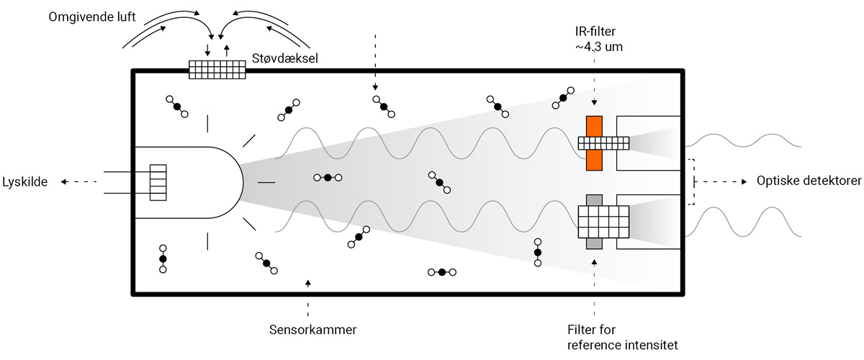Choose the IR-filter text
[x=594, y=32]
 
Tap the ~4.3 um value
[x=594, y=48]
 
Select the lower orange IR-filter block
[x=594, y=161]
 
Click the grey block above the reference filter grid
[x=594, y=199]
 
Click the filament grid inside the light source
[x=158, y=182]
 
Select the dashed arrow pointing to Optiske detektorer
[x=720, y=182]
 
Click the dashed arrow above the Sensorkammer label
[x=308, y=299]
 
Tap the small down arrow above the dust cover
[x=208, y=50]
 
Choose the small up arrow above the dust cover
[x=228, y=50]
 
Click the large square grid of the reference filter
[x=603, y=222]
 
